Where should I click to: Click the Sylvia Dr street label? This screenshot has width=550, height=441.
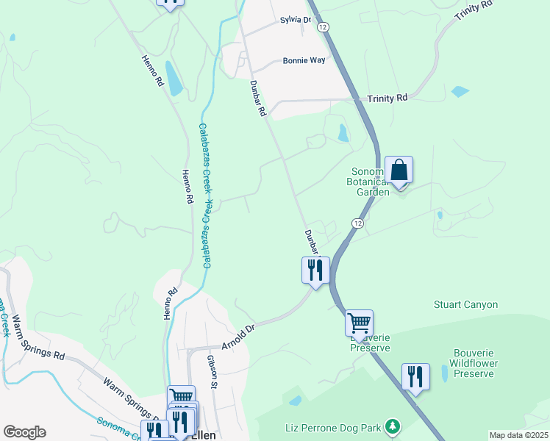(290, 20)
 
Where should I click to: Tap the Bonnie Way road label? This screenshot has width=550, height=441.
(304, 61)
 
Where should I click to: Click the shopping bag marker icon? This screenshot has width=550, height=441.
(399, 171)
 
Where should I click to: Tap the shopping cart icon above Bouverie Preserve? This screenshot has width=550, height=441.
(359, 323)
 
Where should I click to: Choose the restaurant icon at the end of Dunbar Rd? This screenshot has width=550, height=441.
(315, 270)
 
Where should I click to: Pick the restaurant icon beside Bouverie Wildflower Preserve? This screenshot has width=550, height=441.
(415, 376)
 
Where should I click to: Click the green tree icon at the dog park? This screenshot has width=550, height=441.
(393, 426)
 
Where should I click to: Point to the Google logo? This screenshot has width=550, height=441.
(24, 432)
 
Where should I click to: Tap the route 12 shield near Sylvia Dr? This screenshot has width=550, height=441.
(323, 26)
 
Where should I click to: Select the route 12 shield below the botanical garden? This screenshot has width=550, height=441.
(357, 223)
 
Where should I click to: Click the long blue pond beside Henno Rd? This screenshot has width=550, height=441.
(174, 79)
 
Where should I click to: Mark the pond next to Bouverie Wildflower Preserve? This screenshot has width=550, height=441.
(443, 373)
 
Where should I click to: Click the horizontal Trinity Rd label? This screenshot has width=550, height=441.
(387, 98)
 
